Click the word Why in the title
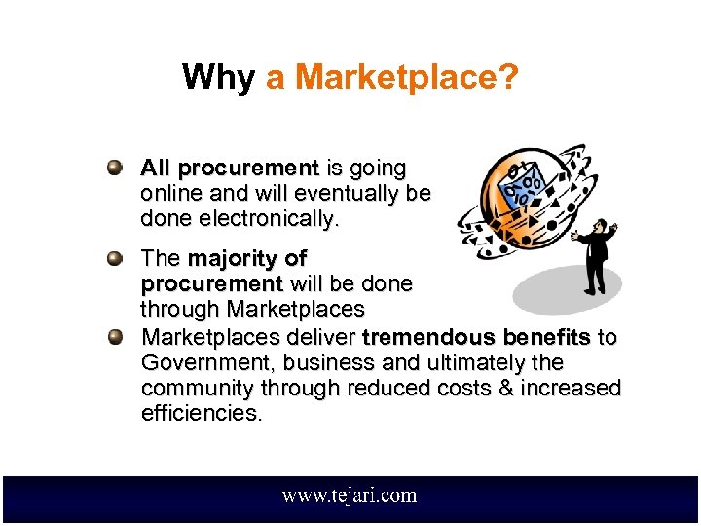point(218,77)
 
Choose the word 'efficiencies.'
point(202,413)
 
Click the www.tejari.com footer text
point(350,495)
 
